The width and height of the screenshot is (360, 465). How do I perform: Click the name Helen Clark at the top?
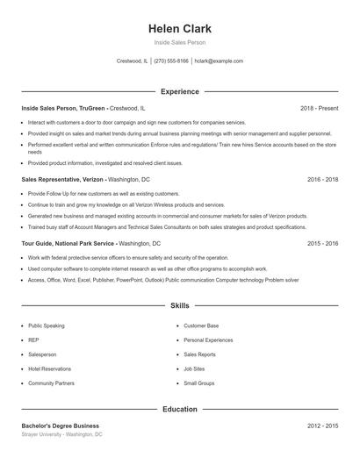tap(180, 29)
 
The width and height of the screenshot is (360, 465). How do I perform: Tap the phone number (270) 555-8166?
tap(171, 61)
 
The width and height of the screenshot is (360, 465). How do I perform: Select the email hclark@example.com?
tap(219, 61)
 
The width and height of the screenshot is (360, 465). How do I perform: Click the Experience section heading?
tap(180, 91)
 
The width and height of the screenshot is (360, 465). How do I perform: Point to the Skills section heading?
tap(180, 306)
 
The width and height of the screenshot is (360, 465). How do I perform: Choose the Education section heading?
tap(180, 409)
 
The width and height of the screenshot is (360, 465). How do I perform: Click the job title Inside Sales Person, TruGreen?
tap(63, 108)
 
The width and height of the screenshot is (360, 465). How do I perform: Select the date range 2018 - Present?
tap(319, 108)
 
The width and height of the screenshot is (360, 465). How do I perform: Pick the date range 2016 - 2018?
tap(322, 179)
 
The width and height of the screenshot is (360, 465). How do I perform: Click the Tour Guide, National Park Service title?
tap(68, 242)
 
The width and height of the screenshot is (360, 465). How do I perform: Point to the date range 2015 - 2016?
tap(322, 242)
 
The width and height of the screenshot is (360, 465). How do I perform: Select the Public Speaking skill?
tap(47, 325)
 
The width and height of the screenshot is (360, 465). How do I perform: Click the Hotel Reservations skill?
tap(49, 368)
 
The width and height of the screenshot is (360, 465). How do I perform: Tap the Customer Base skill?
tap(201, 325)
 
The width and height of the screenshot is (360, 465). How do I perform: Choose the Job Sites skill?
tap(194, 368)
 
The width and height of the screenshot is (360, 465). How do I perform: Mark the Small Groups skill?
tap(199, 383)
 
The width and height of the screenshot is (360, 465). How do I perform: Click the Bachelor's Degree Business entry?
tap(61, 426)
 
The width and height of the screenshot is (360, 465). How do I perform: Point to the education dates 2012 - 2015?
tap(322, 426)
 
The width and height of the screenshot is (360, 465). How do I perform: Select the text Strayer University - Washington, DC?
tap(62, 434)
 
